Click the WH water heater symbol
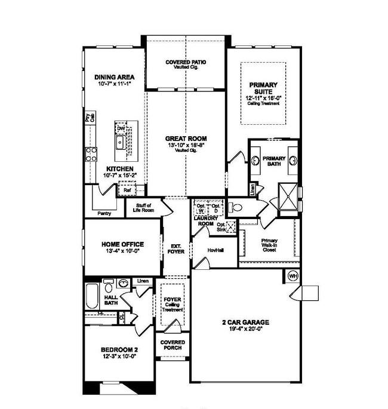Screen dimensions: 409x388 pyautogui.click(x=293, y=276)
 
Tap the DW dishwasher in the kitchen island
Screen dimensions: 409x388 pyautogui.click(x=121, y=128)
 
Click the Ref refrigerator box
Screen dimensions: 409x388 pyautogui.click(x=127, y=190)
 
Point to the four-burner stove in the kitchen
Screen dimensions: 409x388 pyautogui.click(x=92, y=155)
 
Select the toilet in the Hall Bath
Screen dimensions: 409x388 pyautogui.click(x=109, y=283)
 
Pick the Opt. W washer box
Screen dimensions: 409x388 pyautogui.click(x=200, y=209)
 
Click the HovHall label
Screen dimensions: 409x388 pyautogui.click(x=215, y=250)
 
